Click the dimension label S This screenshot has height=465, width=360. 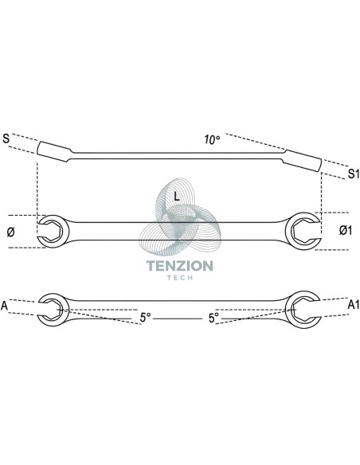pos(6,139)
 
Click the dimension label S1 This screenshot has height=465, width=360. pos(353,174)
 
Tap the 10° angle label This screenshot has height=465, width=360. pos(212,139)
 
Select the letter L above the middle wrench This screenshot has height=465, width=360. pos(177,196)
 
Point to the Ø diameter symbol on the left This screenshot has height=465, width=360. pos(10,232)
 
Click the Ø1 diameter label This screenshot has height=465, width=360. pos(346,230)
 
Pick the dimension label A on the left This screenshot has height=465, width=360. pos(4,306)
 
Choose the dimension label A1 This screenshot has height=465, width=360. pos(354,305)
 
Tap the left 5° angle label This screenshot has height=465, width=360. pos(145,318)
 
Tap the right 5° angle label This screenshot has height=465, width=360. pos(213,318)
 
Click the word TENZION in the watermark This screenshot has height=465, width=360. pos(180,266)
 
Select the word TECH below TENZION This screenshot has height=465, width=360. pos(180,278)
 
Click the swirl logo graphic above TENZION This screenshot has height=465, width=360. pos(180,217)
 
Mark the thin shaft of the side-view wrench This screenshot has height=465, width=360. pos(178,156)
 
